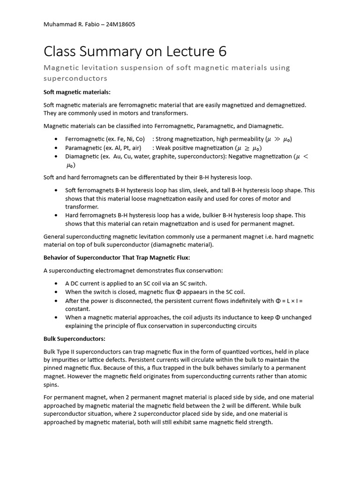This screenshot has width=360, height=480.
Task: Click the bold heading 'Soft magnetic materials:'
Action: click(77, 92)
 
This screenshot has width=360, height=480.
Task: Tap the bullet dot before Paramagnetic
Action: click(56, 148)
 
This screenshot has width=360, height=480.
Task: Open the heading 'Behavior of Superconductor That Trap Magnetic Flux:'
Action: click(116, 258)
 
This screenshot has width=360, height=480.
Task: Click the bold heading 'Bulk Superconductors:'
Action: click(75, 338)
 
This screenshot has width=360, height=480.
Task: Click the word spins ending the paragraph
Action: click(51, 384)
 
